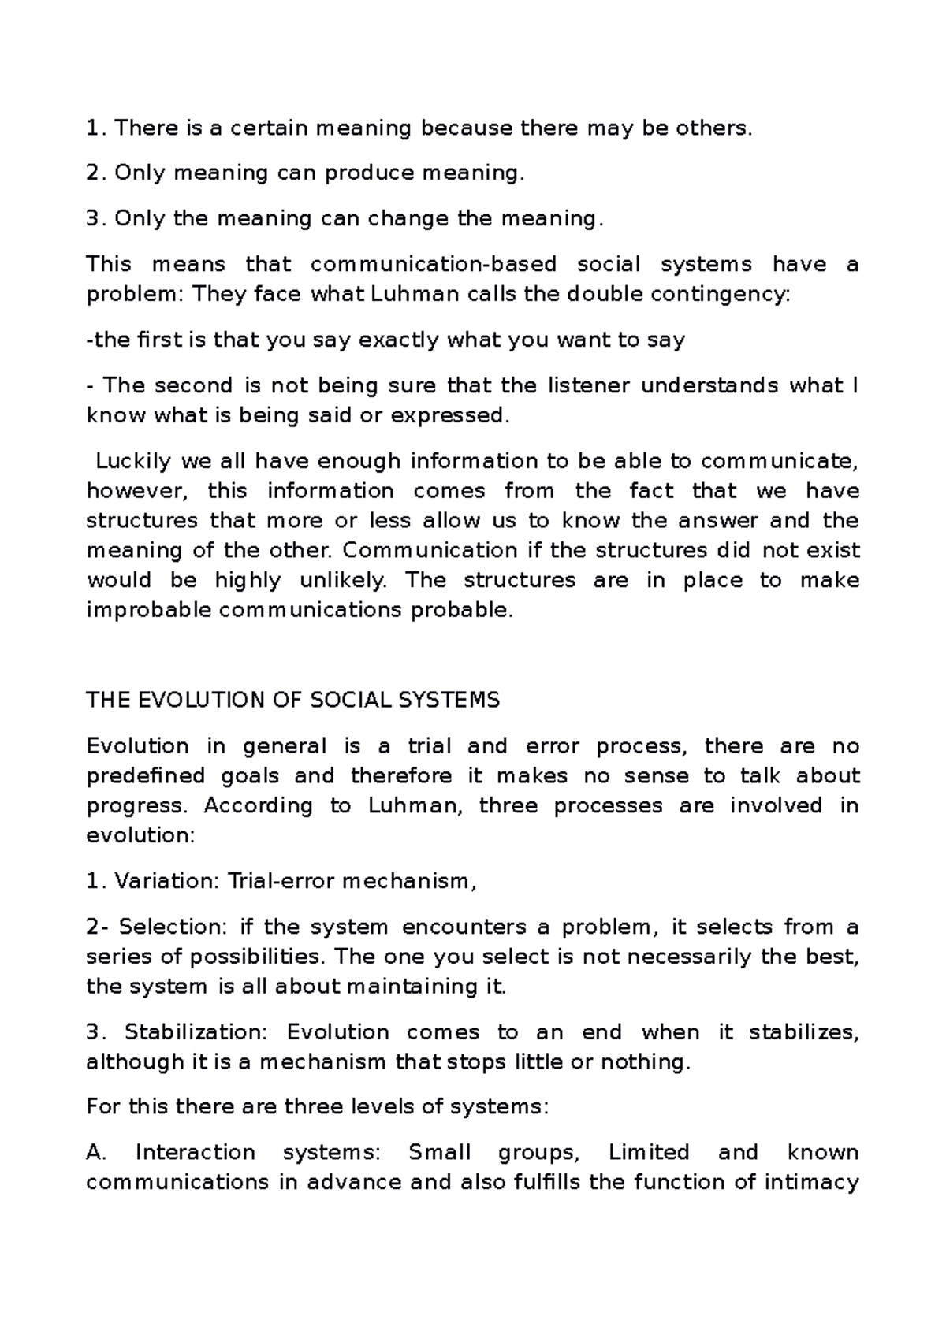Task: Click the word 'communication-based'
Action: (x=434, y=264)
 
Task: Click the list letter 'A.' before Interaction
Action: (x=95, y=1153)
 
